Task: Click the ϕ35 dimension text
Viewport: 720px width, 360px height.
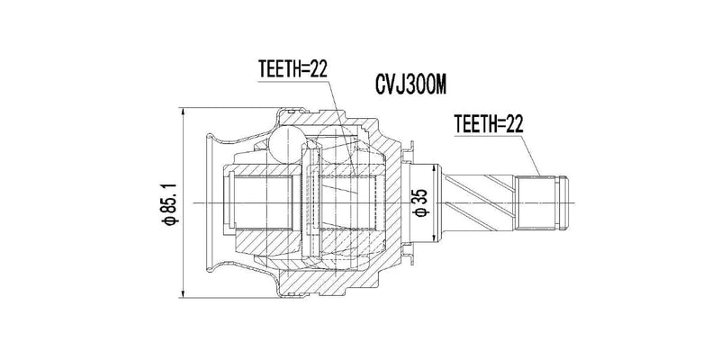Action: [418, 202]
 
